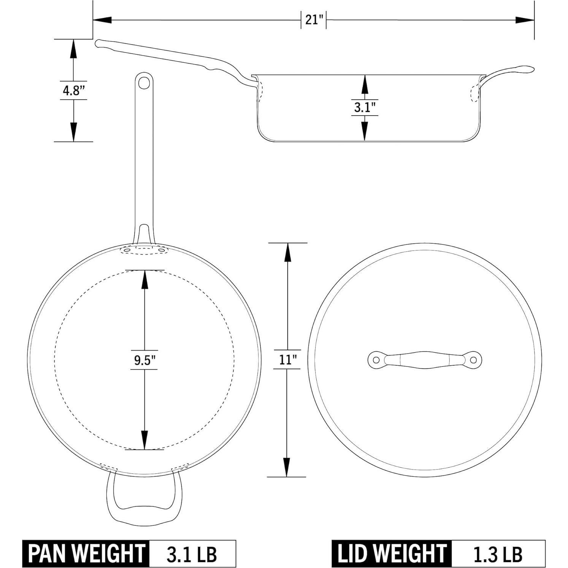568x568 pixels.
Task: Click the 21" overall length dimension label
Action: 314,20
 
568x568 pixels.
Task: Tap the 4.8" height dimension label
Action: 73,90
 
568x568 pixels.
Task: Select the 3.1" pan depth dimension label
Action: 365,107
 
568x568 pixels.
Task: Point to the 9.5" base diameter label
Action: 144,360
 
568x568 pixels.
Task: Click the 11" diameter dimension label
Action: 287,360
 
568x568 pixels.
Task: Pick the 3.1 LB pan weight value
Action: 192,554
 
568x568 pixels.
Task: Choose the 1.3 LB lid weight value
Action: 498,554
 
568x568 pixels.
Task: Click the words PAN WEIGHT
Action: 86,554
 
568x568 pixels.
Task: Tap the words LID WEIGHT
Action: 392,554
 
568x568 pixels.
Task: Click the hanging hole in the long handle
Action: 144,83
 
